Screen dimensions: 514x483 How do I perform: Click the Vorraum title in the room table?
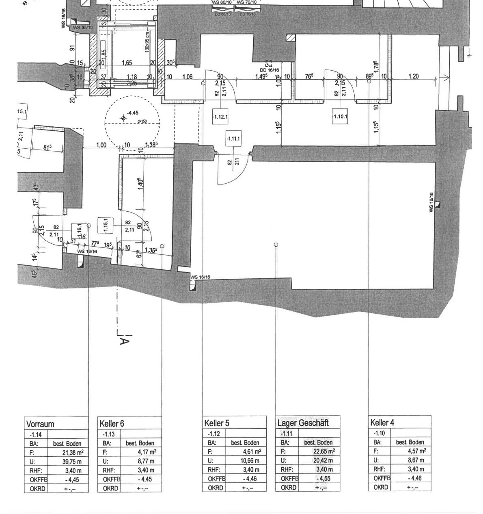click(x=40, y=424)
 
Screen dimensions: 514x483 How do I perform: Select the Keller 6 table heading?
click(x=112, y=423)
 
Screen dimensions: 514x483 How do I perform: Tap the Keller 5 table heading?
click(x=217, y=423)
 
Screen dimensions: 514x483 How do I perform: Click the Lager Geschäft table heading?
click(x=303, y=423)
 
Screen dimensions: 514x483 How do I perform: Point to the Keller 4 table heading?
click(x=382, y=423)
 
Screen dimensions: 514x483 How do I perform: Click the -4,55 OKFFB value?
click(x=323, y=479)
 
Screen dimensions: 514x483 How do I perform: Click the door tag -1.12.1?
click(x=220, y=117)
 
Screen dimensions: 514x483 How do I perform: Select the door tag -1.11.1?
click(x=233, y=139)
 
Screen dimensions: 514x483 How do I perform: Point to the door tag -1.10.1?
click(x=340, y=117)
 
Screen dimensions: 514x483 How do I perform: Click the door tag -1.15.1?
click(x=106, y=226)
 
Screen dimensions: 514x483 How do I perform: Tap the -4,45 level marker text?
click(x=132, y=113)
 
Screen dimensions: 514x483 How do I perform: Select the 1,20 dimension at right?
click(x=414, y=76)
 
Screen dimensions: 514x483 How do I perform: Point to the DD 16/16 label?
click(x=270, y=70)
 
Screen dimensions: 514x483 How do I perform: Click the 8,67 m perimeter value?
click(x=416, y=460)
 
